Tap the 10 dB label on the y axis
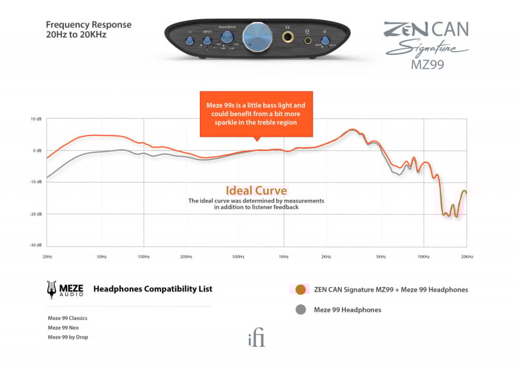36,119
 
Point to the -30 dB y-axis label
35,245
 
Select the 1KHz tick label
283,257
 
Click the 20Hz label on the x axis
47,257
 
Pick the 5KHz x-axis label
381,257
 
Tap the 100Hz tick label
144,257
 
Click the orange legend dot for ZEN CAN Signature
300,290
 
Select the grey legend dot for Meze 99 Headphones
300,310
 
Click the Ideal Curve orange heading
256,191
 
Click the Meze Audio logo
65,290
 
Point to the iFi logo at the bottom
257,339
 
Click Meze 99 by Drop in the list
67,337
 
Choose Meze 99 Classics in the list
67,318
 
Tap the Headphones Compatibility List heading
153,289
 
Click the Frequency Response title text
88,25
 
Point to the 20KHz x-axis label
466,257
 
